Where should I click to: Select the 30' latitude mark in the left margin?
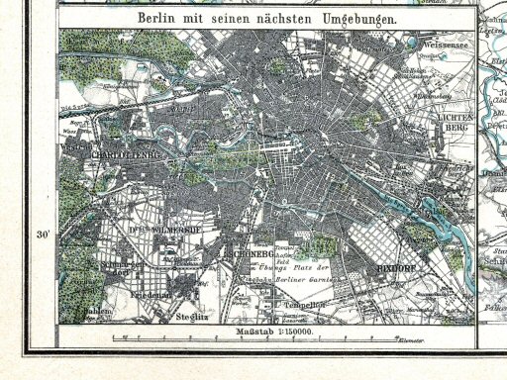43,235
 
